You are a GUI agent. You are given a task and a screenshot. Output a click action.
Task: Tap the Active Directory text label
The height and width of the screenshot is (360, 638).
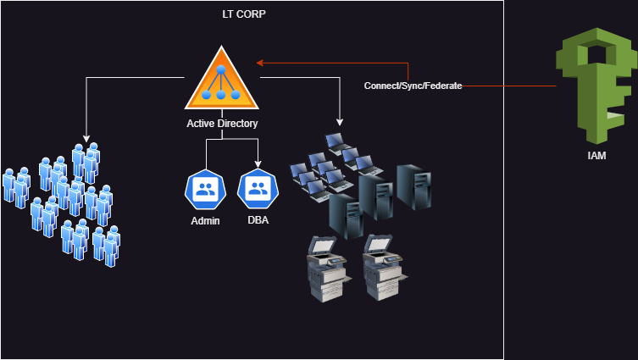[222, 124]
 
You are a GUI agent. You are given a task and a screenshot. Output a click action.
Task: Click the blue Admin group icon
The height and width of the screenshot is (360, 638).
[205, 190]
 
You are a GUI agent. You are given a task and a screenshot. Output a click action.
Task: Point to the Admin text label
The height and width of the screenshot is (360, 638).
[205, 221]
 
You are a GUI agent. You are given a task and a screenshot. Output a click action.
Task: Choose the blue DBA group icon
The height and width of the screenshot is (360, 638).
[258, 190]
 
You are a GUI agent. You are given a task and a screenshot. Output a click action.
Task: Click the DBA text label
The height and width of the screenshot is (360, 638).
[258, 221]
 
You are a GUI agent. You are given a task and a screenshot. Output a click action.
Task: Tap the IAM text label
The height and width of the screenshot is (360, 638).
[596, 156]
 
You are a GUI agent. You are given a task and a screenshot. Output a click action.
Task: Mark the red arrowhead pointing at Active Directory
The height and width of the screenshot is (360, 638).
[261, 62]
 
